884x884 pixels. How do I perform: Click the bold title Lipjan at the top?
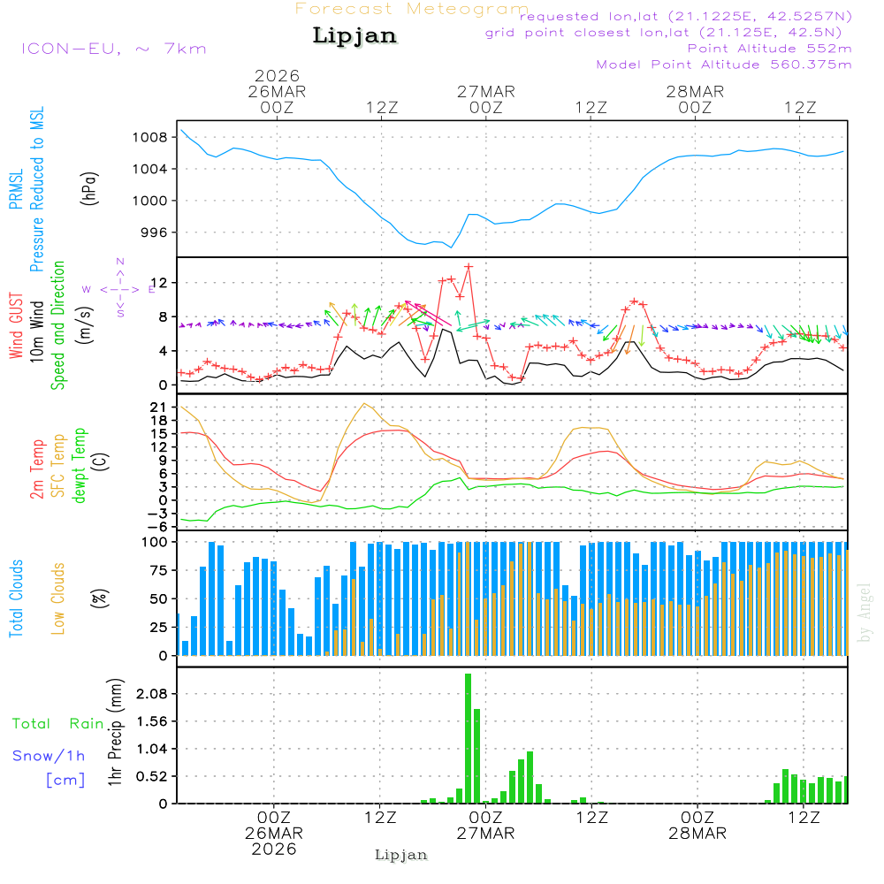354,36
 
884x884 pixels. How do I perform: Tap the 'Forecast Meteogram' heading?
412,9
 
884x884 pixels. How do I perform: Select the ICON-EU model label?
113,49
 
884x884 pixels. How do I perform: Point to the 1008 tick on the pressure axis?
153,137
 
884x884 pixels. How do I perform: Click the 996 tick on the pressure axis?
156,232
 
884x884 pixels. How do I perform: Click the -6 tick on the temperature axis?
161,525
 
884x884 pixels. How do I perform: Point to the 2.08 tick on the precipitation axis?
149,694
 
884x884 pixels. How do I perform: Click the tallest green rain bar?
468,738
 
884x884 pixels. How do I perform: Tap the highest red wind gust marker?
469,266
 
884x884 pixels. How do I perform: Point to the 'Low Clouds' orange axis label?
59,598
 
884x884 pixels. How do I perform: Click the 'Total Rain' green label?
57,724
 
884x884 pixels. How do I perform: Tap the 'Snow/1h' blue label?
49,757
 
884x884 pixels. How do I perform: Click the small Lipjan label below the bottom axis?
401,855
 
